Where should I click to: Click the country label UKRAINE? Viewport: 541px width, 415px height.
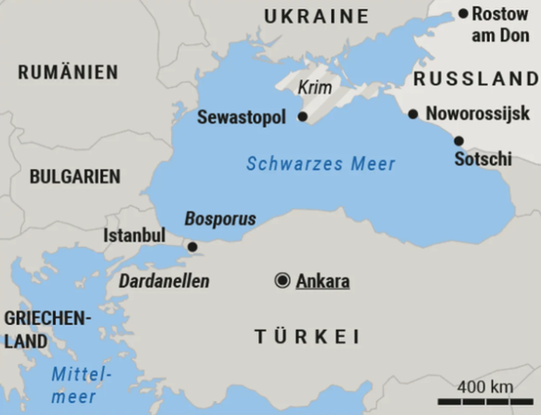tap(316, 16)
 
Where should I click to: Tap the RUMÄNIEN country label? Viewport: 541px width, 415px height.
tap(68, 71)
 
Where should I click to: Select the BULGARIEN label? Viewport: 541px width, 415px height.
tap(74, 176)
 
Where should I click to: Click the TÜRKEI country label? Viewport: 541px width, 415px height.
tap(308, 337)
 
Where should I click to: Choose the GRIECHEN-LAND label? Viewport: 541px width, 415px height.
tap(46, 330)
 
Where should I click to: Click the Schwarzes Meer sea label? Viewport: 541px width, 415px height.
tap(321, 164)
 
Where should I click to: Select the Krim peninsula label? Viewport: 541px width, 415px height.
tap(314, 88)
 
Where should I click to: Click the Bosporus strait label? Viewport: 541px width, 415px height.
tap(219, 219)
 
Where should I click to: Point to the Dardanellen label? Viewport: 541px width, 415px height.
tap(164, 280)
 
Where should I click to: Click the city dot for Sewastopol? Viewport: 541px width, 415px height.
tap(303, 117)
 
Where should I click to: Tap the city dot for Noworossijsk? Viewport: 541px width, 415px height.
tap(413, 114)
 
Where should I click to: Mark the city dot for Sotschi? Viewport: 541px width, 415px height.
tap(458, 141)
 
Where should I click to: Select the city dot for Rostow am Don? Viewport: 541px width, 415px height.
tap(463, 13)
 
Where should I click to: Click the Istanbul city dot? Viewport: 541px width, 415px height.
tap(191, 247)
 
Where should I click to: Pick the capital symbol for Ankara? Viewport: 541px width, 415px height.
tap(282, 280)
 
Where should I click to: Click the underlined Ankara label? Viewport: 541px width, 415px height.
tap(323, 280)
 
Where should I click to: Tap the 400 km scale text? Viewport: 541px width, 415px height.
tap(484, 385)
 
